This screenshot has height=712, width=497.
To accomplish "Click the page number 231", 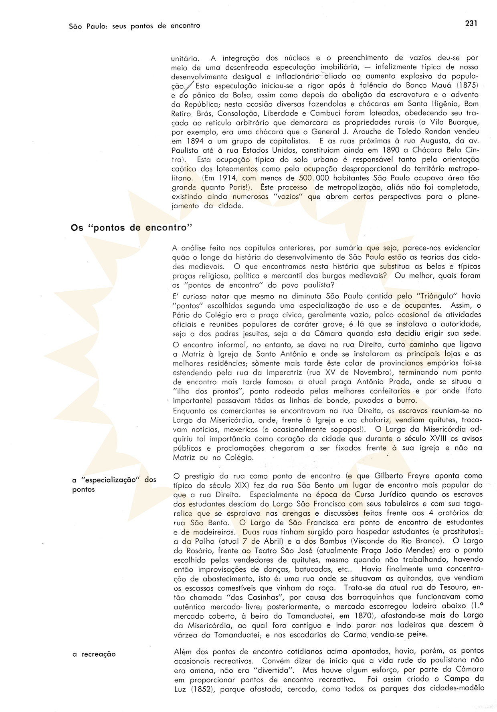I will tap(471, 24).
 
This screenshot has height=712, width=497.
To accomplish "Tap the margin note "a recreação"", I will tap(94, 654).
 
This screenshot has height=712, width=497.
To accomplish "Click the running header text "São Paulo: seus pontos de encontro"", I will tap(134, 26).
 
